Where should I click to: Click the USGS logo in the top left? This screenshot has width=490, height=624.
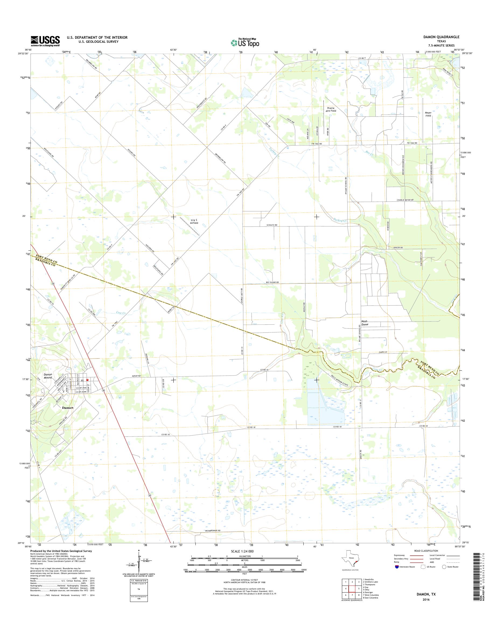45,41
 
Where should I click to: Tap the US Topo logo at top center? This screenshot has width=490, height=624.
245,43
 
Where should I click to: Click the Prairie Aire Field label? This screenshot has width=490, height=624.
331,109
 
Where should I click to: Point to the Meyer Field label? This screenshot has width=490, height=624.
428,114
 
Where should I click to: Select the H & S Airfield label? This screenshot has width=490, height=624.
194,221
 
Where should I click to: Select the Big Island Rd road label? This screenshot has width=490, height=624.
272,282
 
